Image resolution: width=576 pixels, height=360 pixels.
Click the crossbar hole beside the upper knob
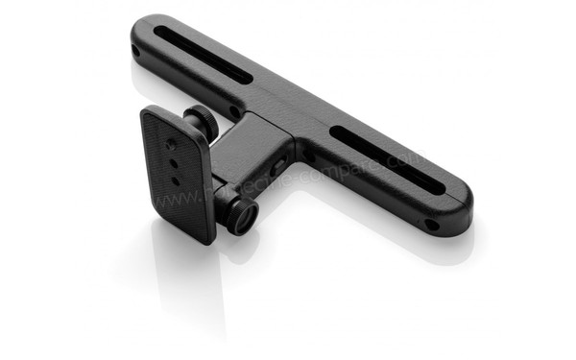pyautogui.click(x=234, y=111)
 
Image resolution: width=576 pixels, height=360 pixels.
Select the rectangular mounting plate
pyautogui.click(x=178, y=173)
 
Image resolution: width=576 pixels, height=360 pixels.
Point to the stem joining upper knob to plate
pyautogui.click(x=192, y=130)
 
